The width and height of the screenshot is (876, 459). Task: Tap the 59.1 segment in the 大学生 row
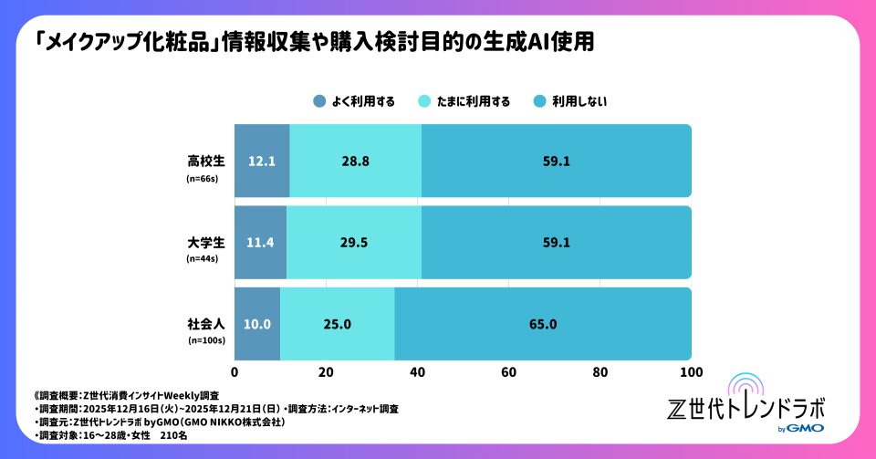point(557,243)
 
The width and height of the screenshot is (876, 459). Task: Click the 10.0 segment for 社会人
point(255,324)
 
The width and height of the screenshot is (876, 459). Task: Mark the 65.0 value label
point(543,324)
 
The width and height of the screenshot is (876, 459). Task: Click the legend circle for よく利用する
point(318,101)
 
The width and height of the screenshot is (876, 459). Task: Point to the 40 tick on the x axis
point(418,372)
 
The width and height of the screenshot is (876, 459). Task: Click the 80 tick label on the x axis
point(600,372)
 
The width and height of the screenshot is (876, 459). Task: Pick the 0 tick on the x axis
point(235,372)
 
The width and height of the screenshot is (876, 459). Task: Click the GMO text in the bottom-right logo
point(806,429)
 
